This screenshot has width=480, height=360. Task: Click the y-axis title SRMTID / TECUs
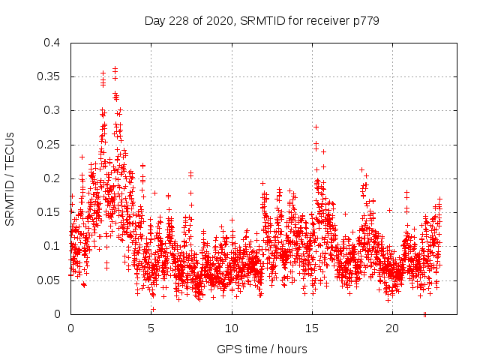click(10, 178)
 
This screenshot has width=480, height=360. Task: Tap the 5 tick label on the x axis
click(151, 328)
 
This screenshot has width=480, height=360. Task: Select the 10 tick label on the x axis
click(232, 328)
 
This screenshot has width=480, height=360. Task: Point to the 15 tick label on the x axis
click(312, 328)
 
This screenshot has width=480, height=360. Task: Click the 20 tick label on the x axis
click(392, 328)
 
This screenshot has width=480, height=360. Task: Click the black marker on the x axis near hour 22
click(424, 314)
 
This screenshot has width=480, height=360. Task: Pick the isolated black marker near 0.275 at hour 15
click(316, 127)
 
